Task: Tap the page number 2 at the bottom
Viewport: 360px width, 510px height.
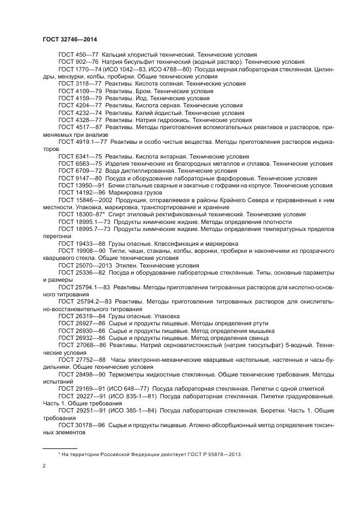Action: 44,466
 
